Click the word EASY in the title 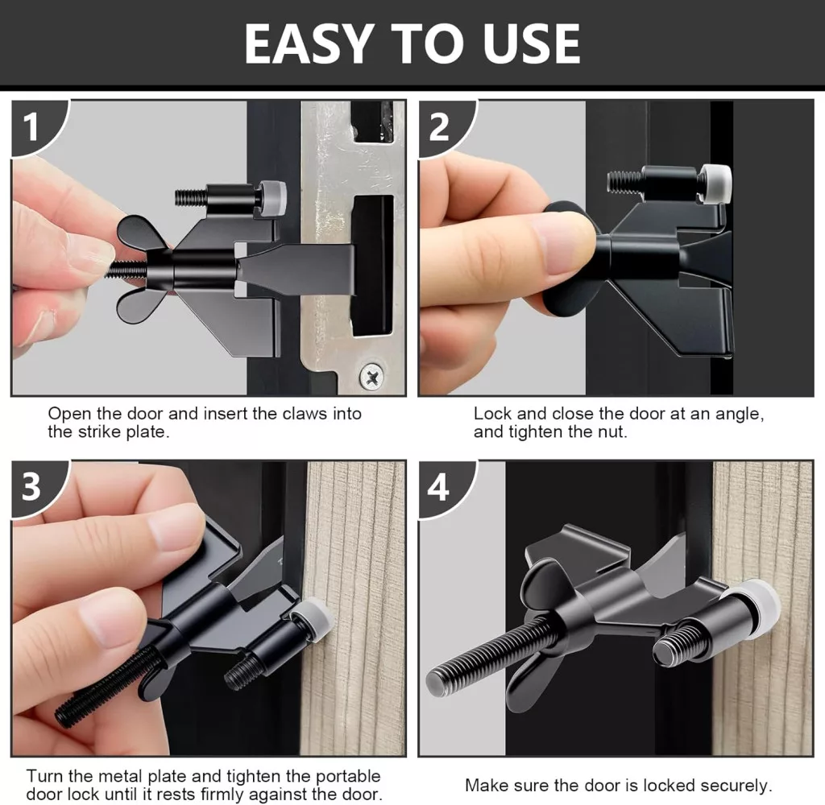(x=307, y=43)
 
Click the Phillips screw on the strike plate (x=372, y=377)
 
